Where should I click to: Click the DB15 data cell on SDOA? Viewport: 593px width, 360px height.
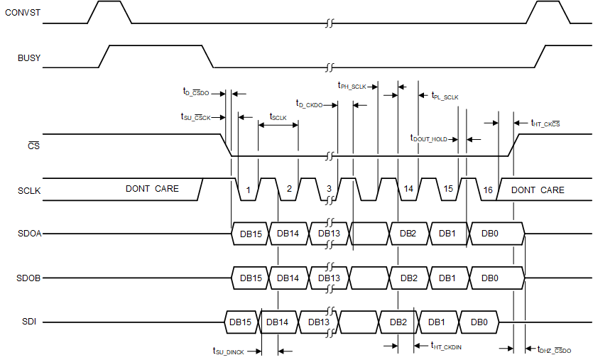[249, 234]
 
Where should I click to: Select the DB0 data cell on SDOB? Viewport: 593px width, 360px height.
[490, 278]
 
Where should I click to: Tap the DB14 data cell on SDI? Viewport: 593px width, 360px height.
[277, 322]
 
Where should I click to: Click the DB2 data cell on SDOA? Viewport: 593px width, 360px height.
[408, 234]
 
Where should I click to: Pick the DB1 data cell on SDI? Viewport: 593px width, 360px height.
[437, 322]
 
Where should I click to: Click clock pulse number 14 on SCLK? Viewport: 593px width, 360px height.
[408, 190]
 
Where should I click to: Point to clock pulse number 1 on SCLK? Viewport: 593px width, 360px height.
[248, 190]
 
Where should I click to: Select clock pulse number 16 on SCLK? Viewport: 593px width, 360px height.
[487, 190]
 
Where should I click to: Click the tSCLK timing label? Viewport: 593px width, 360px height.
[278, 117]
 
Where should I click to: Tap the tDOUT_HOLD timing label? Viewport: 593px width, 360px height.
[429, 139]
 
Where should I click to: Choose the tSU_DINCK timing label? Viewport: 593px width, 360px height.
[229, 350]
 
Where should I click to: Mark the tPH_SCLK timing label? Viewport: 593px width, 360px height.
[352, 86]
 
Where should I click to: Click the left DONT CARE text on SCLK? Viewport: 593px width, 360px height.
[152, 189]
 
